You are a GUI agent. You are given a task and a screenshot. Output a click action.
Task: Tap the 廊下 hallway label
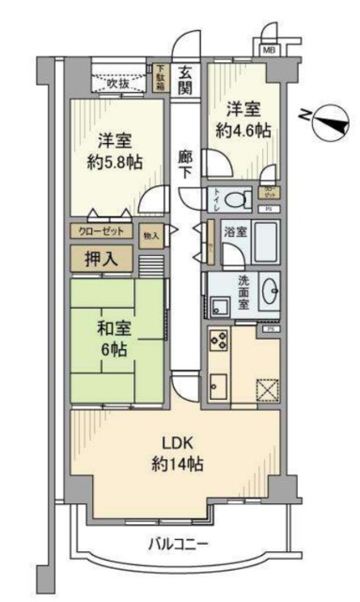tap(186, 165)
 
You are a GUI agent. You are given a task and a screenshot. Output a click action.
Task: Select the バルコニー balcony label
tap(179, 543)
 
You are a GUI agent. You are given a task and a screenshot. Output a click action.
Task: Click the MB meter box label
tap(269, 49)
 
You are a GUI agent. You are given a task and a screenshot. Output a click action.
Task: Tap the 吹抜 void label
tap(117, 84)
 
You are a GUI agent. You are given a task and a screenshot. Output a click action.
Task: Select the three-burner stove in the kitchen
tap(218, 341)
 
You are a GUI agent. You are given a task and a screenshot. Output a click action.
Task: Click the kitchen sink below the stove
tap(217, 386)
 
